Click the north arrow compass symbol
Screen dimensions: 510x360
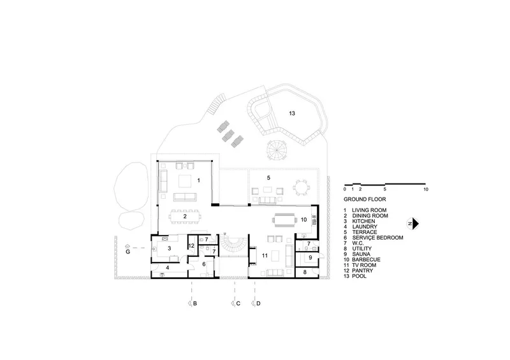[x=412, y=224]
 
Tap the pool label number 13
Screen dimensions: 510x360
[x=292, y=113]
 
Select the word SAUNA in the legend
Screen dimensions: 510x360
[x=361, y=254]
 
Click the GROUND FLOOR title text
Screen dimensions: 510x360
[x=365, y=199]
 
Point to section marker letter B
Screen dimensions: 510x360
[x=195, y=303]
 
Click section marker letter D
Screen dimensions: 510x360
[x=258, y=303]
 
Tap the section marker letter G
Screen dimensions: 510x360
[x=128, y=252]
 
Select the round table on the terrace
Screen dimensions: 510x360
[x=301, y=187]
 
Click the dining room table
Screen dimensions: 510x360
[x=184, y=216]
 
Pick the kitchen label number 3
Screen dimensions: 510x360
[x=169, y=248]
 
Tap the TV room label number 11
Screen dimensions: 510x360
[x=265, y=256]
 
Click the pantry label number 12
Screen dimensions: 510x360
[x=191, y=246]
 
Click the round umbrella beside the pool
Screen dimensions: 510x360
[x=277, y=150]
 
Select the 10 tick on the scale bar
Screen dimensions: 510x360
[x=426, y=189]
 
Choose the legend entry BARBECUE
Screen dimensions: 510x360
[x=366, y=259]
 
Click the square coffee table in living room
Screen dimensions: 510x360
[x=185, y=182]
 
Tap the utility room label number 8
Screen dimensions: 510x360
[x=305, y=272]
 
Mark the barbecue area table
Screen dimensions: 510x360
[x=285, y=220]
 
